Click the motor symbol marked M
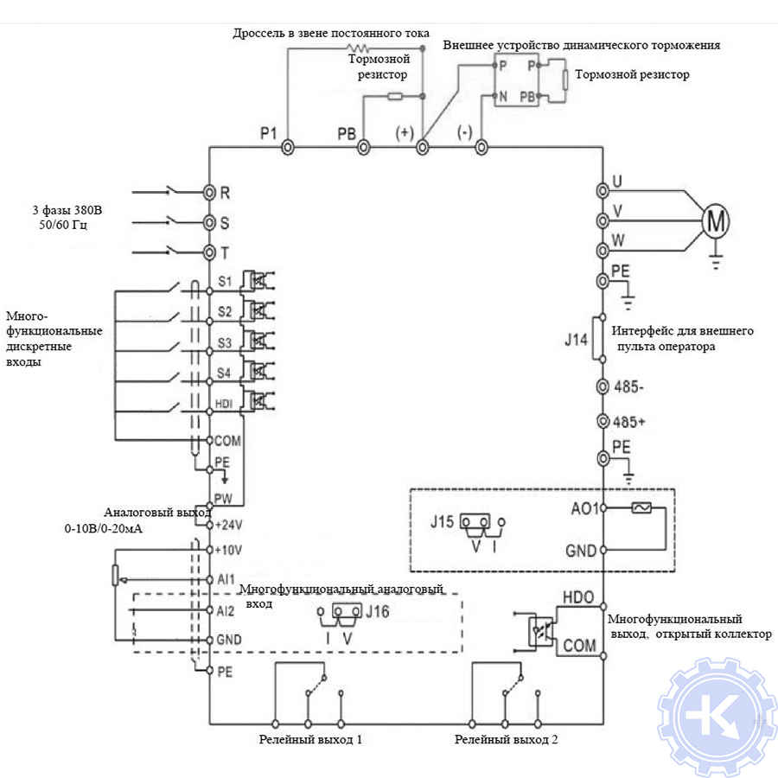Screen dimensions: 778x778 714,221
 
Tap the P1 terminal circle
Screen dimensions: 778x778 287,148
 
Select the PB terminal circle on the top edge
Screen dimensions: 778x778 364,148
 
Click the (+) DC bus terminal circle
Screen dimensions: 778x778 423,148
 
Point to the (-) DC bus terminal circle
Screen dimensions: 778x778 481,148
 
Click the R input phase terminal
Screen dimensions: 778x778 209,191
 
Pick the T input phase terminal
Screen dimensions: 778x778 209,252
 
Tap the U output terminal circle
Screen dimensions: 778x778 603,190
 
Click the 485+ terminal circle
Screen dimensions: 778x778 603,423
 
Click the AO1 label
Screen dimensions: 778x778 586,508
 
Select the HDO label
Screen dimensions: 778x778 578,597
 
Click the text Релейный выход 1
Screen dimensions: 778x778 311,741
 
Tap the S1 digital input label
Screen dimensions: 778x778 225,281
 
